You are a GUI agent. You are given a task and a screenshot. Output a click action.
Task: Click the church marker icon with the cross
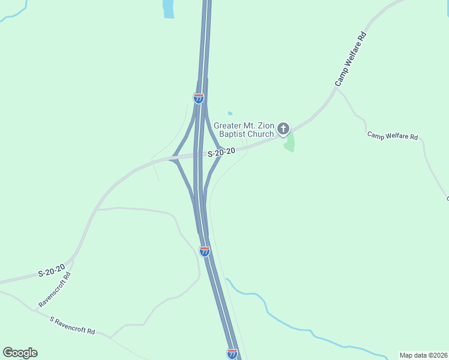click(283, 128)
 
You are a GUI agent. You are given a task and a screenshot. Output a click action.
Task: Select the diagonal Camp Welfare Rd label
click(351, 59)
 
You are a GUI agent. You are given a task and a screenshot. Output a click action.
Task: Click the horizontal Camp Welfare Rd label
click(393, 136)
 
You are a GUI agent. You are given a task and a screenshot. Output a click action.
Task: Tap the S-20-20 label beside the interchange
click(221, 153)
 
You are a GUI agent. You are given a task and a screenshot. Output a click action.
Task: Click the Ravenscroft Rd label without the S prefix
click(55, 290)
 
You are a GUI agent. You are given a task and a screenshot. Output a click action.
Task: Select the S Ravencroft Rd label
click(72, 326)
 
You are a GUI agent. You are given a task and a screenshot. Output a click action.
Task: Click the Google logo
click(20, 353)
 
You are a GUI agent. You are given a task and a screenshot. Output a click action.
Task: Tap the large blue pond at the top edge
click(168, 8)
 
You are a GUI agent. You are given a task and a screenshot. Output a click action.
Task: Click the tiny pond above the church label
click(230, 113)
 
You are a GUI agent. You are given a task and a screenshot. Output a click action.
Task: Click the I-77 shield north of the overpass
click(198, 98)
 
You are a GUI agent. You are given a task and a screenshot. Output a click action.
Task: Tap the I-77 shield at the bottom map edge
click(232, 353)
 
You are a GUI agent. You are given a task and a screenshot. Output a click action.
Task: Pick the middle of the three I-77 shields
click(205, 251)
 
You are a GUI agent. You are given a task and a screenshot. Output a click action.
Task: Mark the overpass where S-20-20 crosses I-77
click(200, 155)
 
